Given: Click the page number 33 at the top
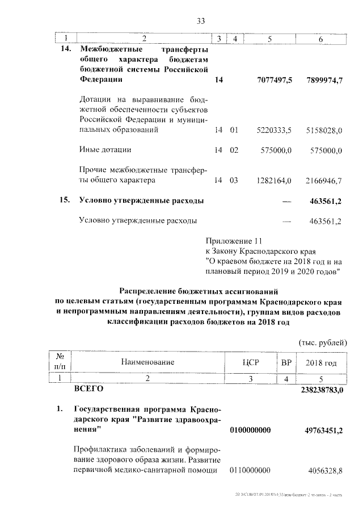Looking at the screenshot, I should pyautogui.click(x=200, y=21).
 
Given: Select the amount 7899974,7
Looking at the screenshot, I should pyautogui.click(x=324, y=81).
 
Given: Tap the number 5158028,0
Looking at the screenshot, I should pyautogui.click(x=324, y=131).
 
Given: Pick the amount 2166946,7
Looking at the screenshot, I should pyautogui.click(x=324, y=181).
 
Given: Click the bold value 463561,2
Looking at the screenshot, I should pyautogui.click(x=326, y=201).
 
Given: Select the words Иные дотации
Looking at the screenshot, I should pyautogui.click(x=105, y=150).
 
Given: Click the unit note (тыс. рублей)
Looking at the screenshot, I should pyautogui.click(x=320, y=342).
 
